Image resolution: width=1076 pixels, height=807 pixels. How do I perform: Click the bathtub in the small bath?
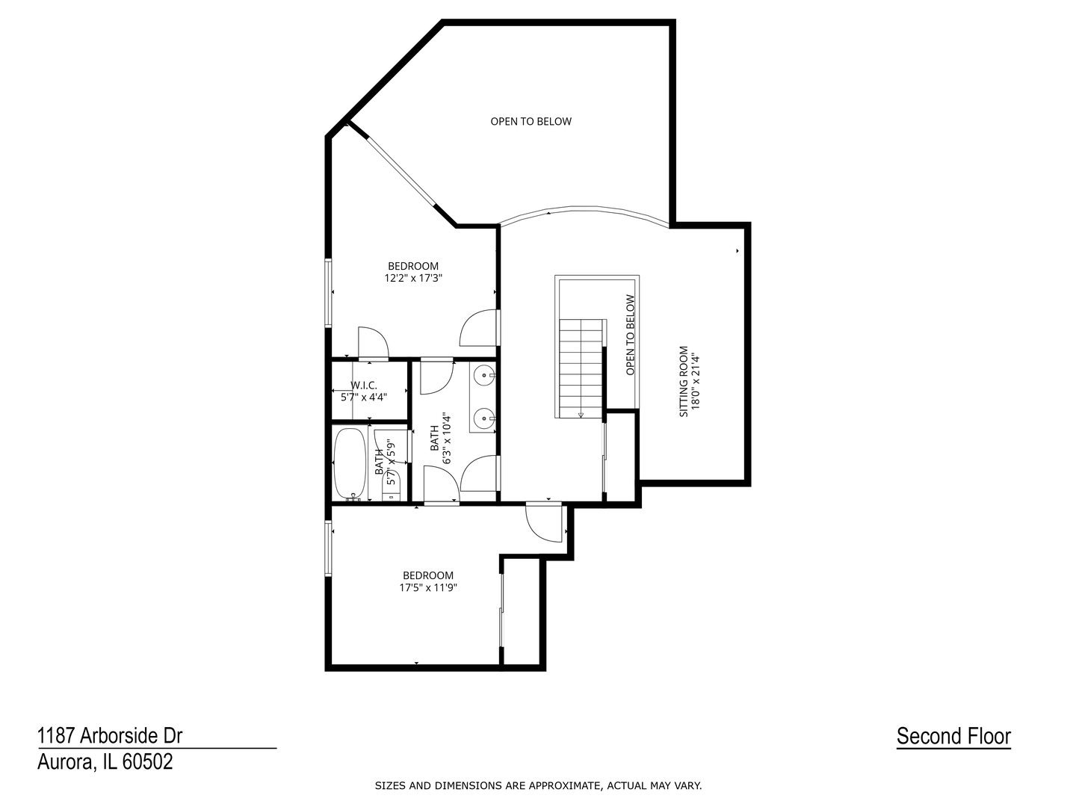coord(350,463)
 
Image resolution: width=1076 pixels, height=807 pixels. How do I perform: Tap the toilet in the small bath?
coord(392,489)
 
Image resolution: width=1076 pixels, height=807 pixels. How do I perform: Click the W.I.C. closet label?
coord(364,386)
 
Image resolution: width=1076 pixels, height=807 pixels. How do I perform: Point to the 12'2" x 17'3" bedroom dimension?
coord(413,278)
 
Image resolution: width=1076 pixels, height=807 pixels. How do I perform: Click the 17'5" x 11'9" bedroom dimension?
coord(427,587)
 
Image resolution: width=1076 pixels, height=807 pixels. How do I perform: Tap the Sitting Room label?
coord(683,381)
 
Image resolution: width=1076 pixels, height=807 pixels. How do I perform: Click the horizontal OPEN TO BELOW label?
coord(531,121)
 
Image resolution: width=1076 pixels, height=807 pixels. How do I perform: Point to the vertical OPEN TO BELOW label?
coord(630,335)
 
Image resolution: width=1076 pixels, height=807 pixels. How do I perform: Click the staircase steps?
coord(581,366)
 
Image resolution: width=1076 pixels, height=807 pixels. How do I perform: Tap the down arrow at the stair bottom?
coord(581,415)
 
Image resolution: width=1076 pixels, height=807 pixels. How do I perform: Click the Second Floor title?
coord(953,736)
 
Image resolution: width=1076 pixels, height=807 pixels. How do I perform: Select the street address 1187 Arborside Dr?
coord(110,736)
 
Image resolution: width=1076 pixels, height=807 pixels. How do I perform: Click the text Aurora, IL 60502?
coord(105,762)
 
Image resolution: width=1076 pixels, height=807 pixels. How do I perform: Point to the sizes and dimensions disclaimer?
coord(538,785)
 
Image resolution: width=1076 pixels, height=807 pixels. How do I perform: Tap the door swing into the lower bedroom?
coord(543,522)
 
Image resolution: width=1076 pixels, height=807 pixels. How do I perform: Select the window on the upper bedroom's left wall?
coord(328,292)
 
